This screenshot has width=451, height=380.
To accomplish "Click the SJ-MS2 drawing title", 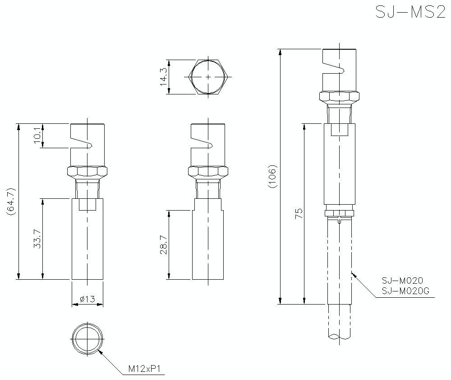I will coord(410,12).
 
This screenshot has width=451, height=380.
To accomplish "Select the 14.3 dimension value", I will coord(163,77).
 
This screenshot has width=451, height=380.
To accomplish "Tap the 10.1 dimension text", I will coord(38,135).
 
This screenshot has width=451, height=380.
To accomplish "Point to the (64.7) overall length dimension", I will coord(11,201).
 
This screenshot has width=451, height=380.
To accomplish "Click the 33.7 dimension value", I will coord(38,239).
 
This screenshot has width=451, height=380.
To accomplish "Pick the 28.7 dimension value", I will coord(163,244).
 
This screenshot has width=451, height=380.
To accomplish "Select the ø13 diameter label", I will coord(87,299).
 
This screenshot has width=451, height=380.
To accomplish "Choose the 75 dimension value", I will coord(298,213).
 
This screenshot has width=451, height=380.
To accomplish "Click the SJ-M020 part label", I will coord(402,281).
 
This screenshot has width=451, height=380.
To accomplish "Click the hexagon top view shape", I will coord(207,77).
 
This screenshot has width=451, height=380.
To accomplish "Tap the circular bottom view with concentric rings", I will coord(87,339).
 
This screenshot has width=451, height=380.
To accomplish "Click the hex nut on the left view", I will coord(87,171).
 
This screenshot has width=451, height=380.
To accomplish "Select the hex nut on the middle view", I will coord(207,171).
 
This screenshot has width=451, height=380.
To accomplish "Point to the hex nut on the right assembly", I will coord(340,96).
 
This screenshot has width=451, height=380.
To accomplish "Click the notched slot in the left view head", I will coord(83,143).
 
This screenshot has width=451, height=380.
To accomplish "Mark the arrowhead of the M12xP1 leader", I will coord(100,351).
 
